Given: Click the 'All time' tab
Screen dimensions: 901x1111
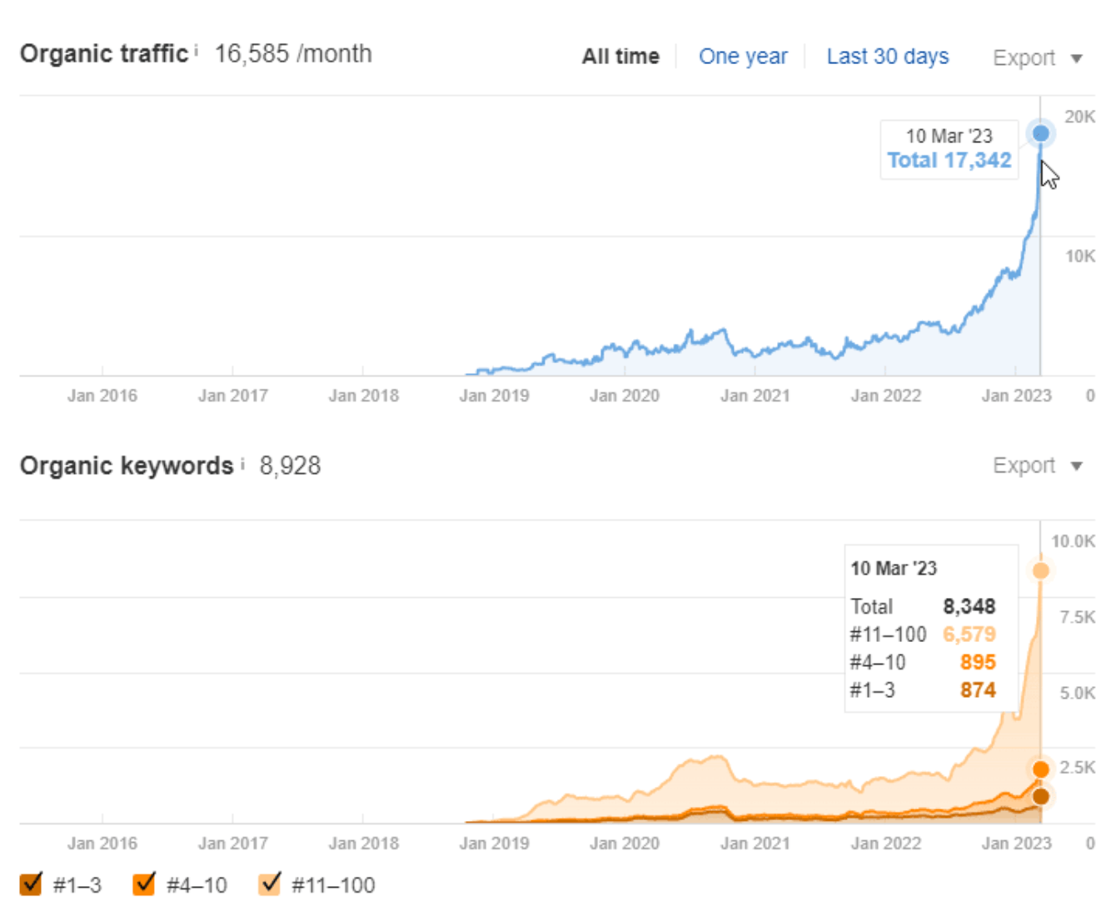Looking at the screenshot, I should (620, 57).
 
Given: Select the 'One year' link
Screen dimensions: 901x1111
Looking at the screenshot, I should (743, 57).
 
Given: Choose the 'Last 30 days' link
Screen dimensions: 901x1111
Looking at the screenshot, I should (887, 57).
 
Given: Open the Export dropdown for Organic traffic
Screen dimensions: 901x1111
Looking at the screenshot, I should (1037, 58).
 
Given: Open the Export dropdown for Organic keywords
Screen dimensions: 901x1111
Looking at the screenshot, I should (1037, 465).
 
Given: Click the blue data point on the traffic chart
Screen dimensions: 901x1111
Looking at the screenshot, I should (1040, 133).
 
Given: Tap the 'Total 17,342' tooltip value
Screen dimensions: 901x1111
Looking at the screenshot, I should (949, 160).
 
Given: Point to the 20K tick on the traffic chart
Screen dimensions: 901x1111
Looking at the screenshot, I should (1079, 117).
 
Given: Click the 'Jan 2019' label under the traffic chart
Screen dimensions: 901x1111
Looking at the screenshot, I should (494, 396).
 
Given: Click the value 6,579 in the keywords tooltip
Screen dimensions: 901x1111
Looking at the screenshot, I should (969, 635).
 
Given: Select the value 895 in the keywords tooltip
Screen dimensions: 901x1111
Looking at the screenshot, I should (978, 662).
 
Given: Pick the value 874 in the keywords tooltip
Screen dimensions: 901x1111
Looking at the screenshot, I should (978, 690).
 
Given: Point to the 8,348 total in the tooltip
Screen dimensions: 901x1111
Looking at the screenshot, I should (969, 606).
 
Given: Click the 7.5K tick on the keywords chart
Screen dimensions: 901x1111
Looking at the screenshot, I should (1077, 617).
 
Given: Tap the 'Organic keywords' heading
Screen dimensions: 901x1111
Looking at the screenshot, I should (127, 465).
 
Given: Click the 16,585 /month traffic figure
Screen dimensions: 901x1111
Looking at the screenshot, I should (293, 54).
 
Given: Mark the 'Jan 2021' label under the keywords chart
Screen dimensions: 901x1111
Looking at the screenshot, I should (755, 844).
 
